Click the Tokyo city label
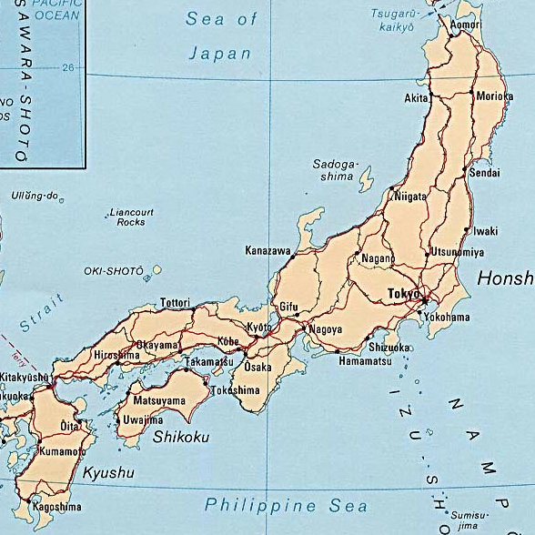coord(403,294)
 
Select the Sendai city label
coord(485,171)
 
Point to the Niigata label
coord(410,196)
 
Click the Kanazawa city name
coord(268,250)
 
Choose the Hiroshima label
coord(116,355)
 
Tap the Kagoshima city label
coord(56,507)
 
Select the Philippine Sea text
coord(286,505)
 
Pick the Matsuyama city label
coord(160,400)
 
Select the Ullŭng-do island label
coord(35,196)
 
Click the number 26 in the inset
coord(67,67)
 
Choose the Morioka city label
coord(495,96)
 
